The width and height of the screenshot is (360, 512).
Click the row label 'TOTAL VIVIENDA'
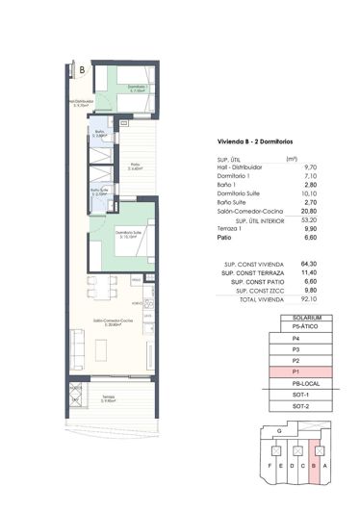245,301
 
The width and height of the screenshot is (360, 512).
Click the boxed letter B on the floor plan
83,70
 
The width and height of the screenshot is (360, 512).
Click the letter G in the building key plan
278,432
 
